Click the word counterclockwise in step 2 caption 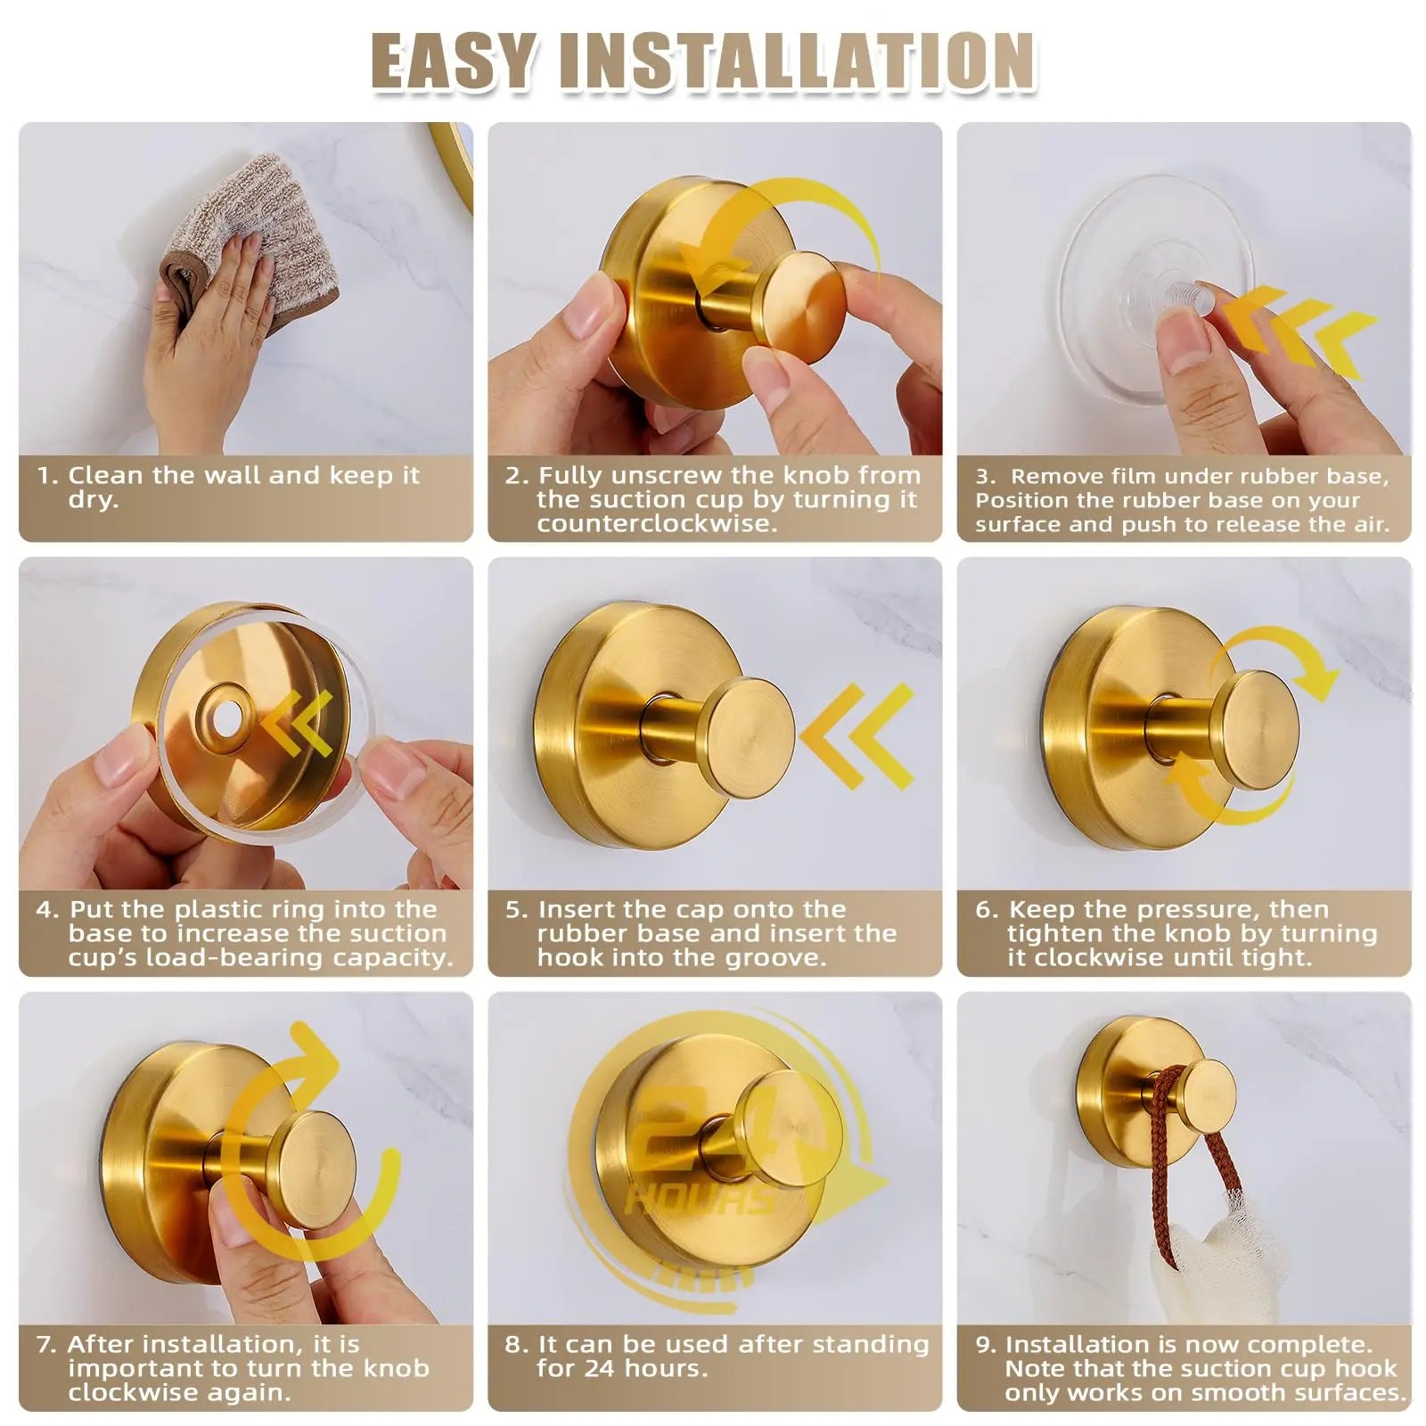(x=657, y=523)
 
